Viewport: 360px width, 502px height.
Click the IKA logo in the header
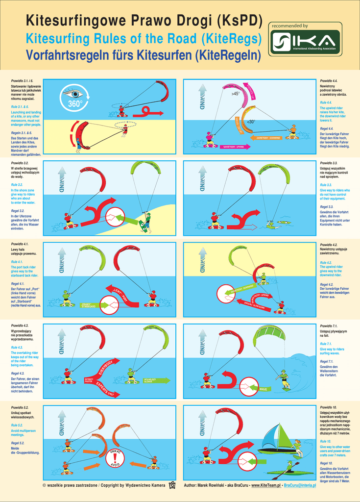click(x=305, y=43)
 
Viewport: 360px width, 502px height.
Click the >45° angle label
click(x=236, y=93)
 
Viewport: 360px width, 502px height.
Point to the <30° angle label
click(x=251, y=122)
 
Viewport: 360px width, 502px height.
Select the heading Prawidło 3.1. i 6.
click(x=22, y=80)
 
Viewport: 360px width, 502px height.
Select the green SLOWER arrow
click(x=157, y=380)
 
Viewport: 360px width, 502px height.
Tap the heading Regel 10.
click(x=326, y=463)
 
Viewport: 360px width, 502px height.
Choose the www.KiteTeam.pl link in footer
click(x=265, y=485)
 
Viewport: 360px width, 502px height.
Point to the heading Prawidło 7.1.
click(x=329, y=326)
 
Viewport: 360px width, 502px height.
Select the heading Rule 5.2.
click(x=17, y=425)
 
